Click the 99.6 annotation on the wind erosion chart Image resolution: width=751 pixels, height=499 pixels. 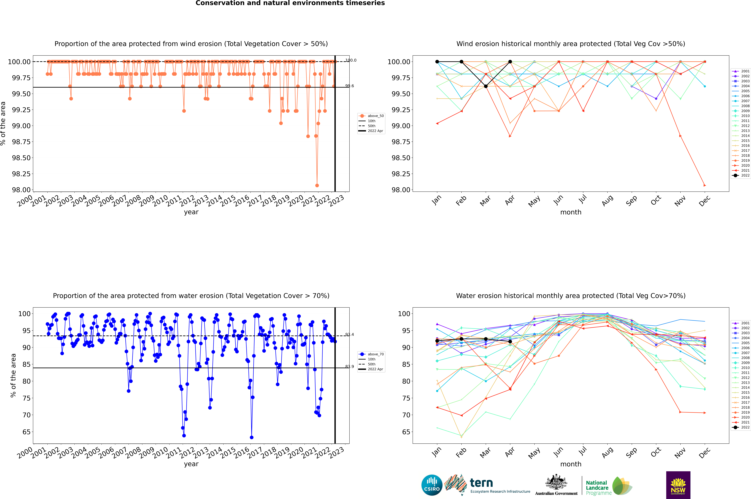click(x=350, y=86)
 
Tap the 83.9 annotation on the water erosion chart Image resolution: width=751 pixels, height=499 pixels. click(x=350, y=367)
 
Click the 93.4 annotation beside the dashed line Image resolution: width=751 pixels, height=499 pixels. click(x=350, y=334)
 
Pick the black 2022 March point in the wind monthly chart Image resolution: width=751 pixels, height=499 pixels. click(x=485, y=86)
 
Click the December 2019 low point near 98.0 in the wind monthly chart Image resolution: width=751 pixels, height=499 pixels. click(x=705, y=185)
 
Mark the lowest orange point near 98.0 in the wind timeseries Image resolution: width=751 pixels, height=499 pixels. click(x=317, y=185)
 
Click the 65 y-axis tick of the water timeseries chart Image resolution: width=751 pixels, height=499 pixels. click(x=25, y=432)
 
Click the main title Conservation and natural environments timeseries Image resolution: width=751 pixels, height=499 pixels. click(x=290, y=3)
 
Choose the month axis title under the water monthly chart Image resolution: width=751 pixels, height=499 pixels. click(x=570, y=464)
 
